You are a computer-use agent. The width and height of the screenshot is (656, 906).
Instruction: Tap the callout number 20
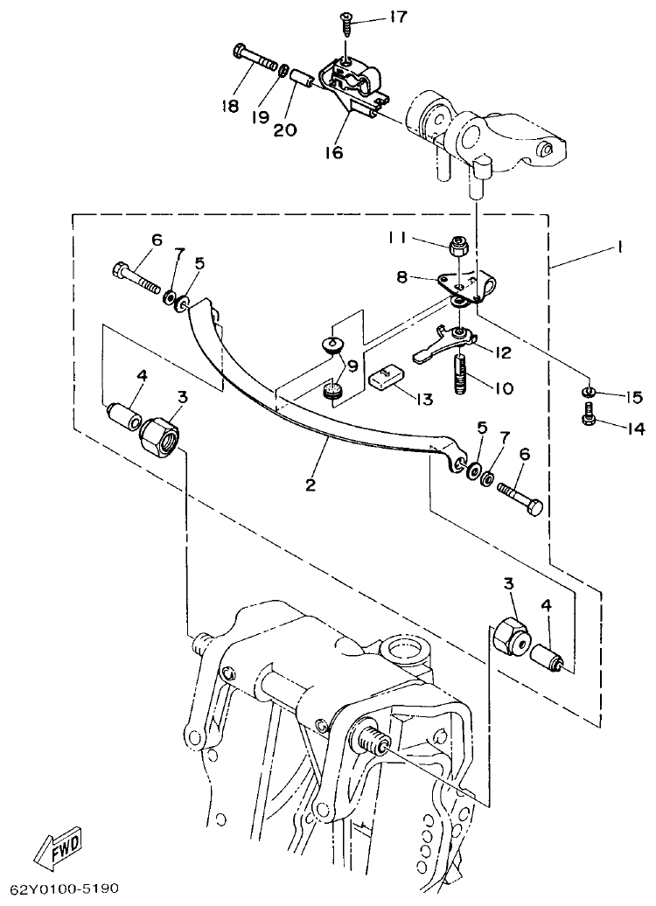click(285, 129)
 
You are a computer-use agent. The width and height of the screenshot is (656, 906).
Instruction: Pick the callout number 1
click(618, 247)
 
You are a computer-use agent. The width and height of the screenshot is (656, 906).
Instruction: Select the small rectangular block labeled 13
click(386, 380)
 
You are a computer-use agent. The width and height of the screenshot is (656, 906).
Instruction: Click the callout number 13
click(423, 400)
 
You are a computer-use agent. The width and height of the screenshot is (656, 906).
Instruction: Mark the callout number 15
click(634, 396)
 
